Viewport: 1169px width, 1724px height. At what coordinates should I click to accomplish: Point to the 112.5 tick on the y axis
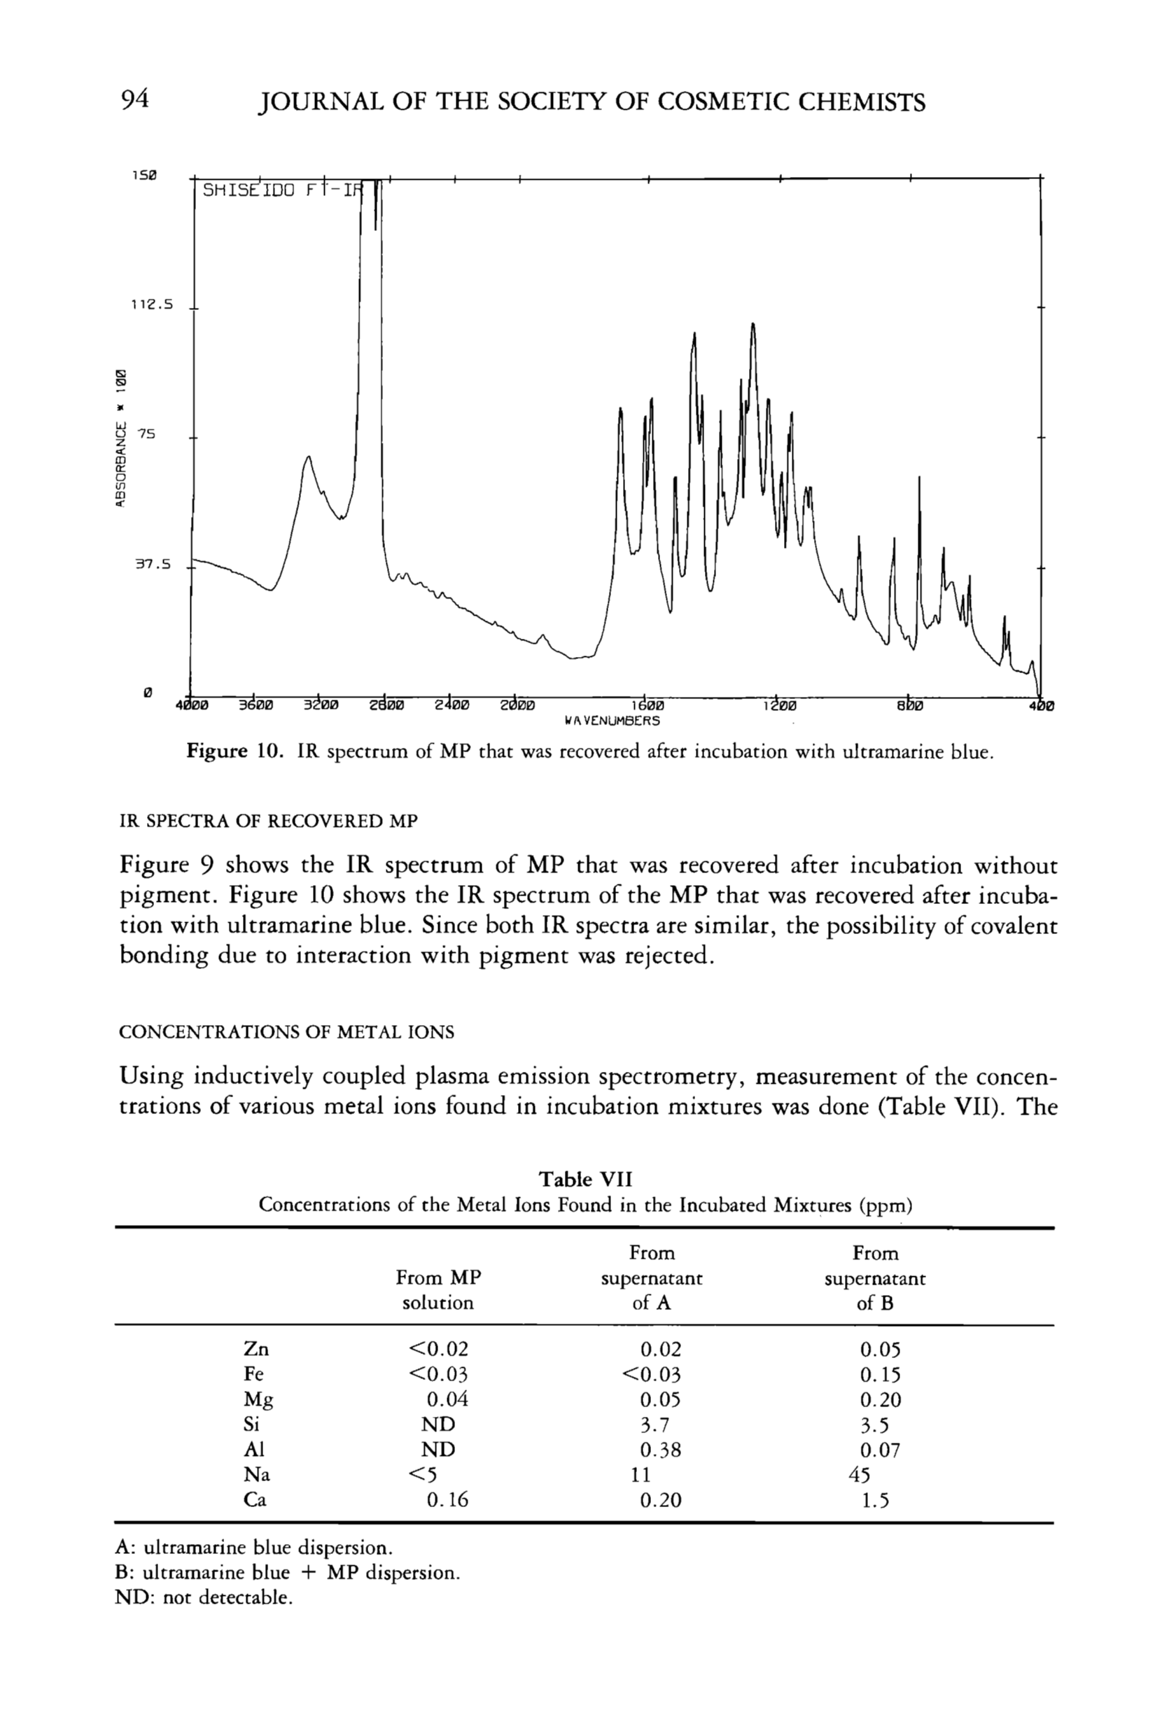point(151,304)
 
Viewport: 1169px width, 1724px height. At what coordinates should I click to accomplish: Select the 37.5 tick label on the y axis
point(152,565)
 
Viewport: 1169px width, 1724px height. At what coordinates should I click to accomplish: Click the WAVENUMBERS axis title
point(612,719)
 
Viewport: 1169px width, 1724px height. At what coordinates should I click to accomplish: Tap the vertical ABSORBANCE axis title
point(121,438)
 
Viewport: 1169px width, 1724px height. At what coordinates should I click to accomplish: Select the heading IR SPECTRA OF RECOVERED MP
point(268,821)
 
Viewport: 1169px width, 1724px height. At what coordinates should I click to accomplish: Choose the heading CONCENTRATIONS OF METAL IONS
point(286,1032)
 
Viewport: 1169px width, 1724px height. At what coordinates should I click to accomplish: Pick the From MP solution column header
point(438,1290)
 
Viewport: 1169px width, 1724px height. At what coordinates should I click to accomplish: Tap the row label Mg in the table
point(258,1400)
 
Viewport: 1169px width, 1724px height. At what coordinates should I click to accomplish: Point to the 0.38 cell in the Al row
point(660,1450)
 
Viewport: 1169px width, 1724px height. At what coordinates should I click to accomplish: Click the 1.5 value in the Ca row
point(875,1500)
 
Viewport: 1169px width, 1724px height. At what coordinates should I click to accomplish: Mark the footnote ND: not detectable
point(204,1597)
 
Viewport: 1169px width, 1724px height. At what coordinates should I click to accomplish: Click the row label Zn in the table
point(256,1350)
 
